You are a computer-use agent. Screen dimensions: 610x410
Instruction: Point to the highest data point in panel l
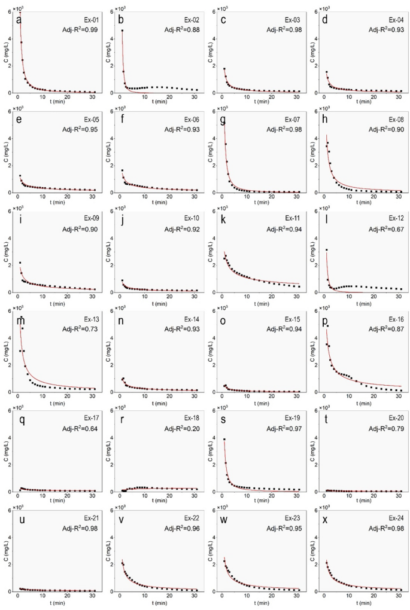click(327, 249)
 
